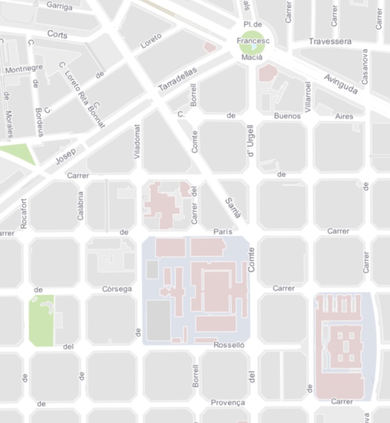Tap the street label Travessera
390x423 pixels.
click(x=330, y=41)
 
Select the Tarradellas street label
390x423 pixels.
click(x=177, y=79)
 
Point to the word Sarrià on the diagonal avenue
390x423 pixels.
click(x=233, y=208)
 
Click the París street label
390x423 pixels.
click(x=223, y=232)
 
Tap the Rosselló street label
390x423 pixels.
click(x=229, y=345)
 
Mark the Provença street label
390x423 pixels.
click(x=228, y=403)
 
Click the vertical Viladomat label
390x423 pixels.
click(x=137, y=141)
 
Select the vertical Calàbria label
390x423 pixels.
click(x=80, y=205)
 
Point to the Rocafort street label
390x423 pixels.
click(x=24, y=213)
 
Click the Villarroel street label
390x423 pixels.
click(x=308, y=97)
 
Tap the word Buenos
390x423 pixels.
click(x=287, y=116)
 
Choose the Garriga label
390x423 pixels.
click(x=60, y=6)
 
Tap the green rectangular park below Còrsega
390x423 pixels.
click(x=41, y=320)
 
